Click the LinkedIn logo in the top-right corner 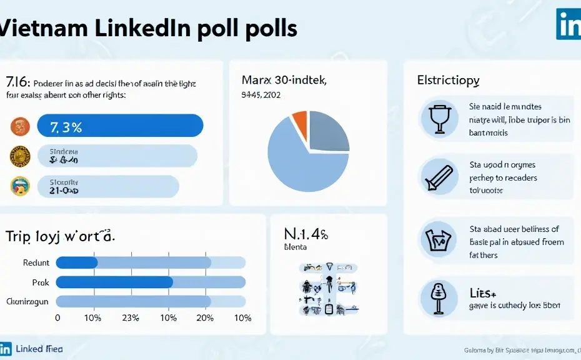click(x=568, y=23)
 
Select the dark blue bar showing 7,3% click(x=120, y=126)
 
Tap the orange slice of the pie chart click(x=299, y=124)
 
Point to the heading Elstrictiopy click(x=449, y=81)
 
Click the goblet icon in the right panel click(x=439, y=118)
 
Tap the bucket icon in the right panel click(x=439, y=238)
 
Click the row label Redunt click(x=36, y=262)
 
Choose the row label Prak click(x=40, y=282)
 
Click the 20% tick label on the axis click(x=206, y=318)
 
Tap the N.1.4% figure click(x=306, y=235)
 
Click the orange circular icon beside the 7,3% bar click(x=20, y=126)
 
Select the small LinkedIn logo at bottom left click(x=6, y=349)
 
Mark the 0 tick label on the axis click(x=58, y=318)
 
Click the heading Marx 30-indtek click(x=284, y=80)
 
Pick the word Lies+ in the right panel click(x=483, y=292)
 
